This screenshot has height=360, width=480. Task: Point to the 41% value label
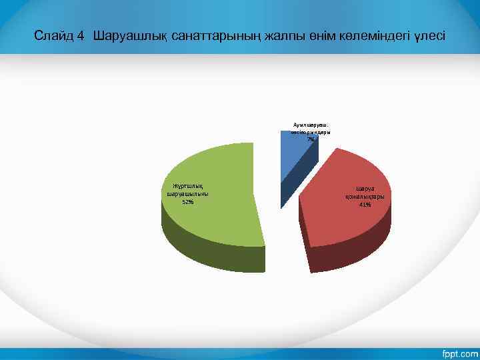point(365,205)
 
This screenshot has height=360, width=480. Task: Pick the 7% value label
point(311,139)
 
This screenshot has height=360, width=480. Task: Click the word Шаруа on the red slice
point(365,189)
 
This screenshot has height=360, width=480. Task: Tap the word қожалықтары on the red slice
point(365,197)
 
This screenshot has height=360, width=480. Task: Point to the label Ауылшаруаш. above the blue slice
point(311,125)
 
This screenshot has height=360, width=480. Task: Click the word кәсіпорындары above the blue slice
point(311,132)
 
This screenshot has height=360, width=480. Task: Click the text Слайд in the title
point(51,35)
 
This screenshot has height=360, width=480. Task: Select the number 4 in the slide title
point(81,35)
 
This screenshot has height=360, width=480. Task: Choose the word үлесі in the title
point(431,35)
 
